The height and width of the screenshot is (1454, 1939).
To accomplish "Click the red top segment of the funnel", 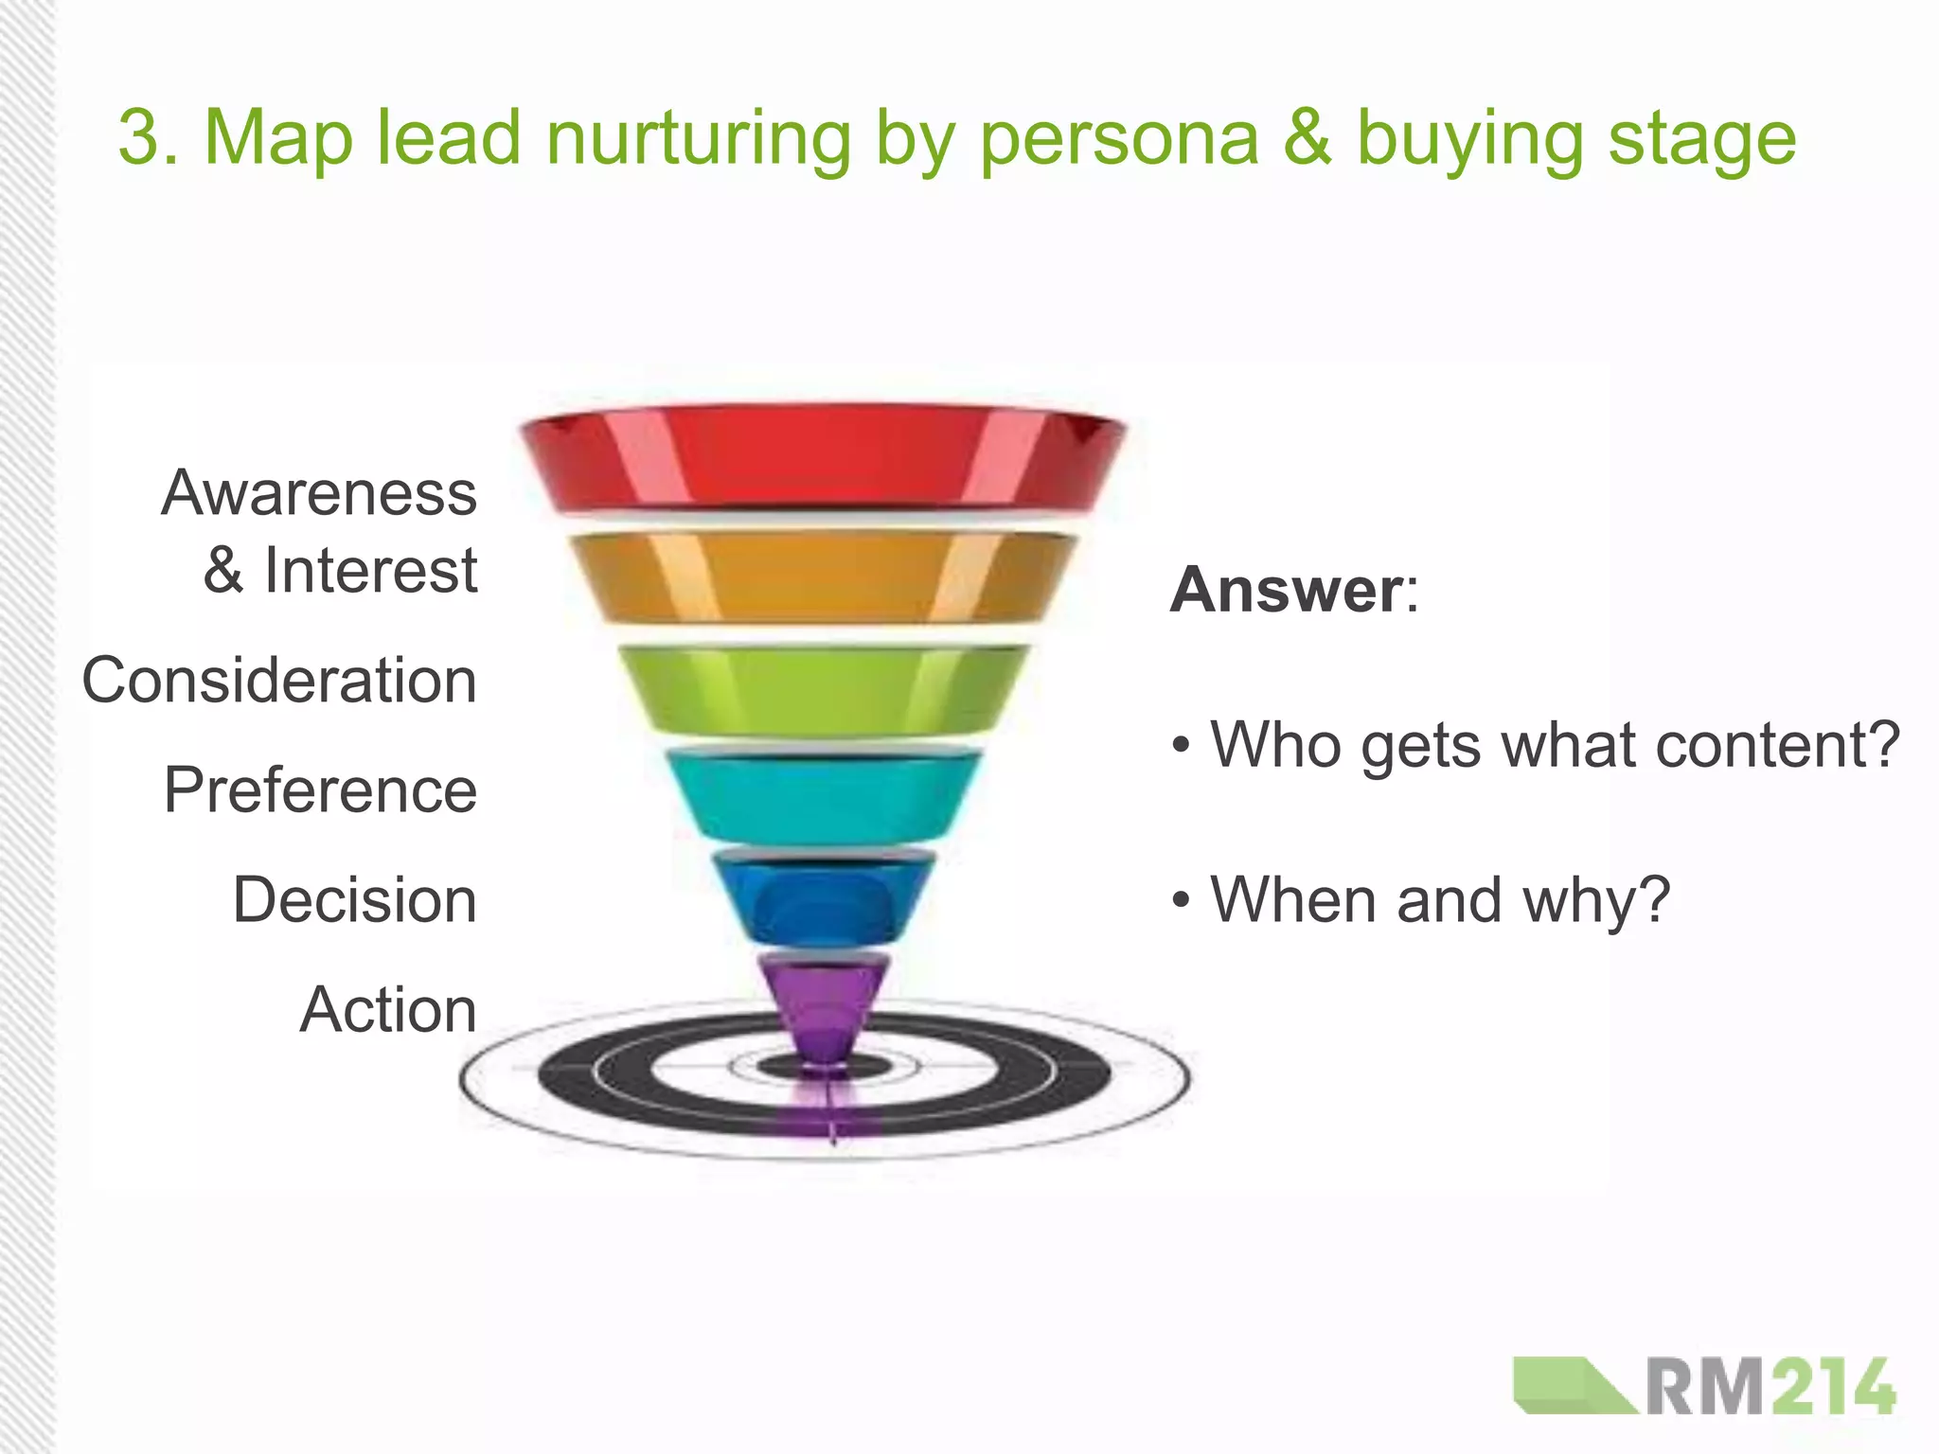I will tap(822, 459).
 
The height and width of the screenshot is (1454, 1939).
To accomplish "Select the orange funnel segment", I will tap(822, 577).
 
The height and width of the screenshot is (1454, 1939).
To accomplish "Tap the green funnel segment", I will tap(822, 689).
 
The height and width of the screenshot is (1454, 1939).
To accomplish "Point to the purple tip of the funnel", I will tap(822, 1008).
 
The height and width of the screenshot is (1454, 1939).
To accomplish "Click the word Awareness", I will tap(319, 493).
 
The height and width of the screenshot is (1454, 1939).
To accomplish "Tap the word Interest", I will tap(370, 571).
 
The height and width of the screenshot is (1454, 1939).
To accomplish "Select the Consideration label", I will tap(279, 681).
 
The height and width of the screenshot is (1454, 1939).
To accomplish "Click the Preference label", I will tap(320, 790).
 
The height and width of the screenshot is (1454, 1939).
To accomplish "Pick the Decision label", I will tap(354, 899).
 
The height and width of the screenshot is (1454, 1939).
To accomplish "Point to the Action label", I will tap(388, 1009).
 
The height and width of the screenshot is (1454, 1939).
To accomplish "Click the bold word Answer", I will tap(1287, 590).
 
